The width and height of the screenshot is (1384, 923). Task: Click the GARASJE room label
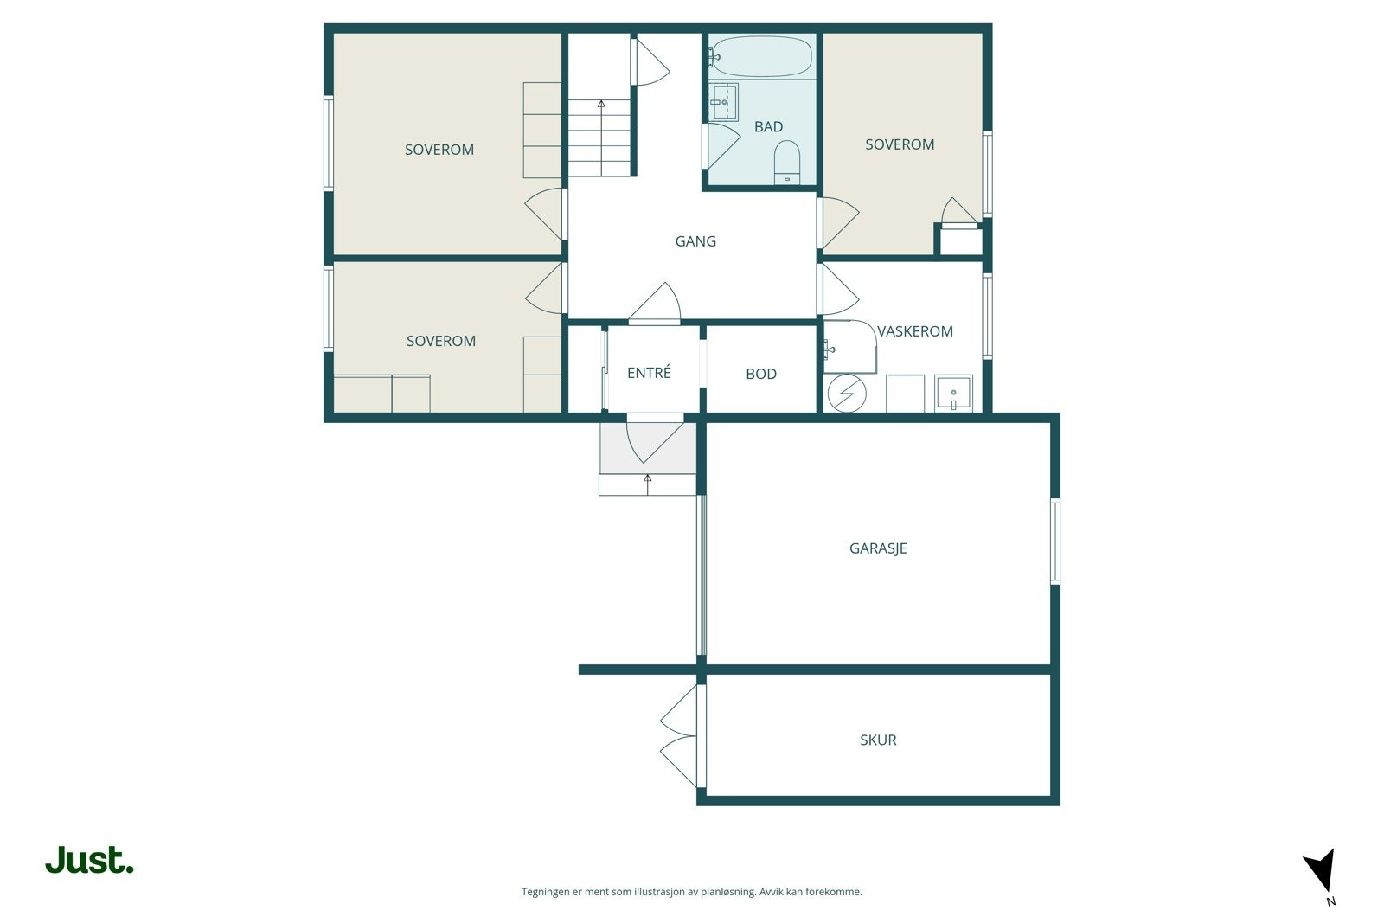click(878, 548)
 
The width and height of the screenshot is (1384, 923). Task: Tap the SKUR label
click(878, 740)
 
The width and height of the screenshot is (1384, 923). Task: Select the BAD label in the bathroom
click(769, 126)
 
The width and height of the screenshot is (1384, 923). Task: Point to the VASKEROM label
click(915, 331)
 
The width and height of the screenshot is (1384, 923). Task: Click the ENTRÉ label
click(649, 372)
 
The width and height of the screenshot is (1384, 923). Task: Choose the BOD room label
click(761, 374)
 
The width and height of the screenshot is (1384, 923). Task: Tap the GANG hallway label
click(695, 241)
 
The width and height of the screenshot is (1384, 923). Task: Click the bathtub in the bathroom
click(762, 56)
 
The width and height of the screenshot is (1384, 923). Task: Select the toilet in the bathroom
click(787, 162)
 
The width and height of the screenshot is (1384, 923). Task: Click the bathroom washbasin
click(723, 102)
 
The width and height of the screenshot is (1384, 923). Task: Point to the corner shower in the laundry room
click(850, 347)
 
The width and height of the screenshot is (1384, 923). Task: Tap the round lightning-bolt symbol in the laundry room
click(847, 394)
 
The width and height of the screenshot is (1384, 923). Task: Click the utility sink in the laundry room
click(953, 393)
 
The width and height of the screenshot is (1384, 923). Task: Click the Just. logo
click(90, 860)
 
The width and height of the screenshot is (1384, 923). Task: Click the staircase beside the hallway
click(599, 138)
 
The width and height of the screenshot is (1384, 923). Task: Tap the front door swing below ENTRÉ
click(655, 439)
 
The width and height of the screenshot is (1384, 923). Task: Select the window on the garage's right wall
click(1055, 542)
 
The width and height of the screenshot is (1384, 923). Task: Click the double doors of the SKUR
click(680, 735)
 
